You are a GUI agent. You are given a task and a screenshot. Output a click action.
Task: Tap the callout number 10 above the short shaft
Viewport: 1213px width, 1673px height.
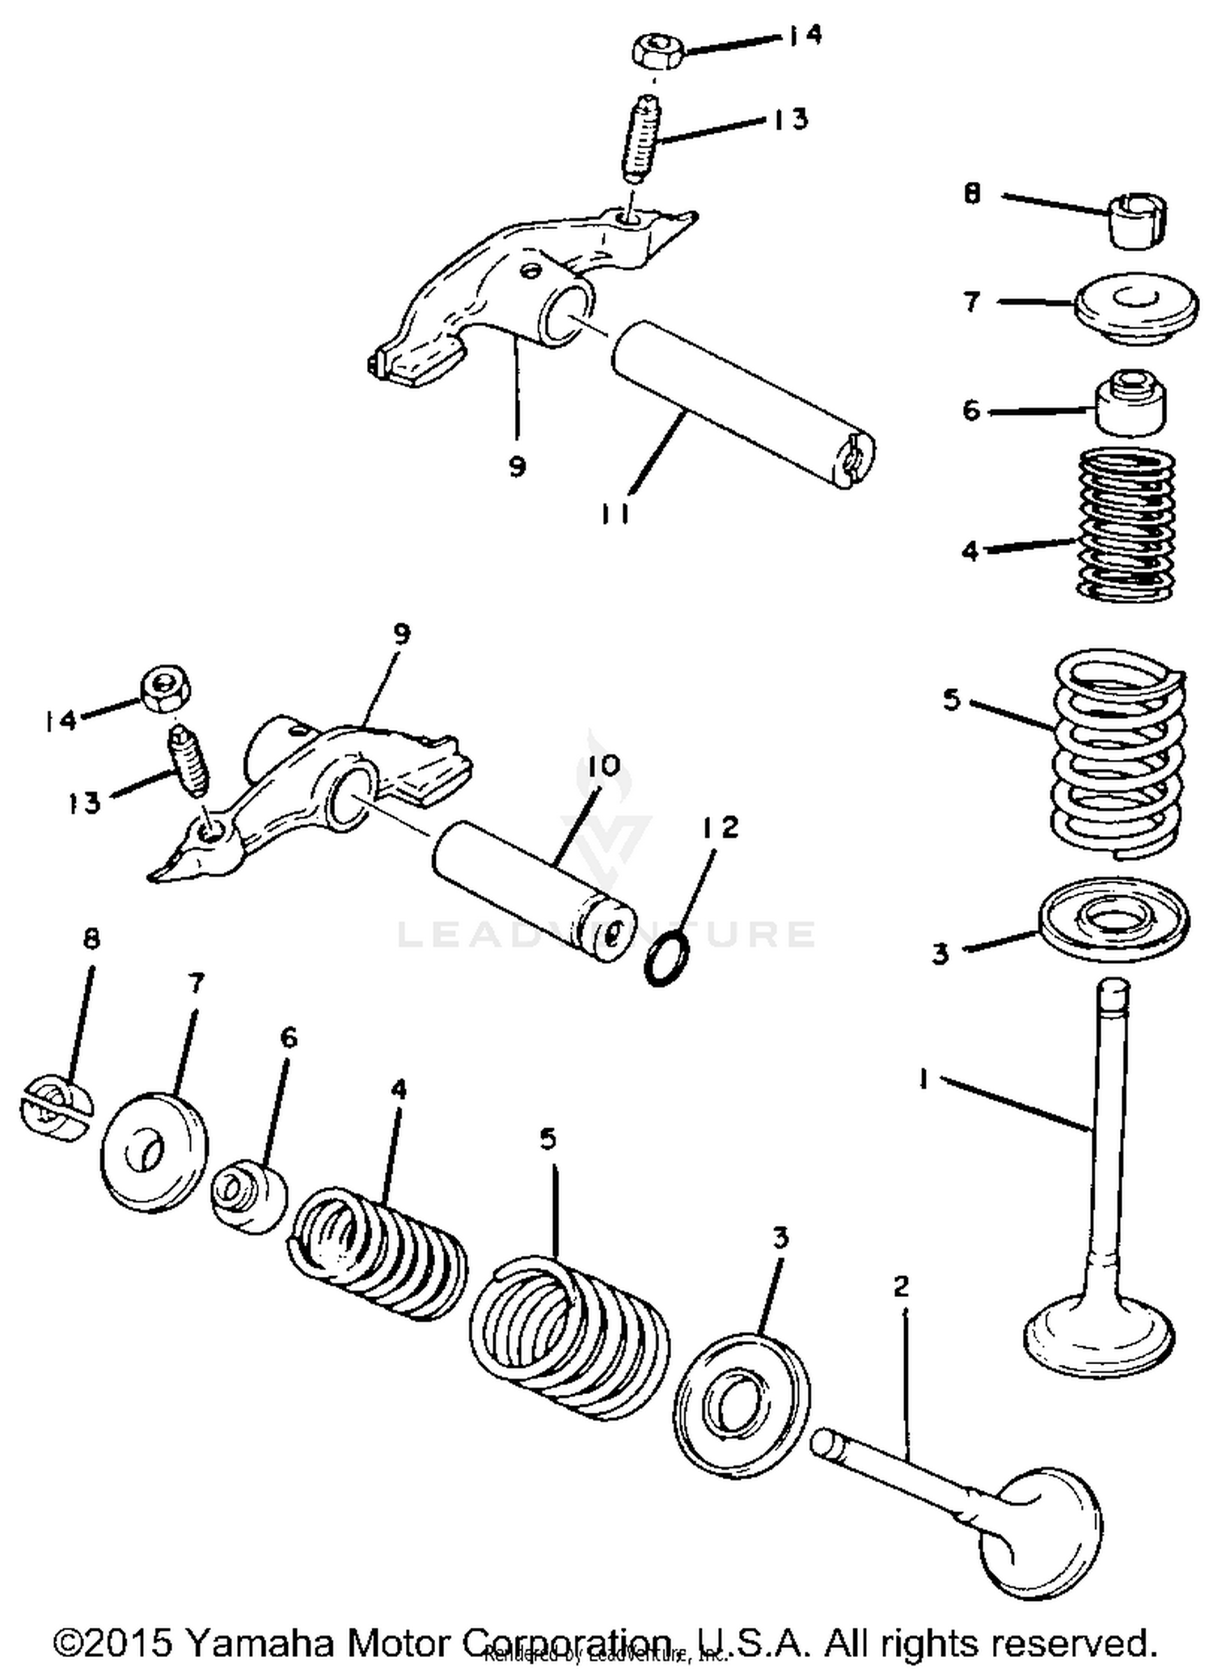click(x=598, y=764)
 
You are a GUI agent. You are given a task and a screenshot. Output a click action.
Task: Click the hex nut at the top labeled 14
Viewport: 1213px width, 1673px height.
click(x=657, y=51)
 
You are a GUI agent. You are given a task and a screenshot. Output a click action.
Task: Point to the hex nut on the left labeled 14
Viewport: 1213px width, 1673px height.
click(x=166, y=690)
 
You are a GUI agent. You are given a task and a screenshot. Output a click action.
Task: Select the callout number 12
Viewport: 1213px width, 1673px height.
click(x=720, y=827)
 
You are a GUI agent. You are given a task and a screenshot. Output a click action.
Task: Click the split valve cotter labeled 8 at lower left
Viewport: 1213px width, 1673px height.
click(x=55, y=1108)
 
